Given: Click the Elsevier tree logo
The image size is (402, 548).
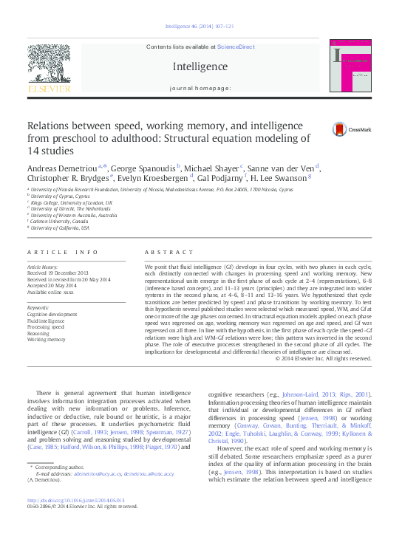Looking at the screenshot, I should tap(49, 68).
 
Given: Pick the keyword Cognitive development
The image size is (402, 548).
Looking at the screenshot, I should tap(52, 315).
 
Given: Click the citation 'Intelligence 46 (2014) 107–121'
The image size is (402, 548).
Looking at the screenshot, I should tap(200, 27).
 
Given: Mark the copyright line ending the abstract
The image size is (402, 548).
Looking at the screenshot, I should tap(323, 358).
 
